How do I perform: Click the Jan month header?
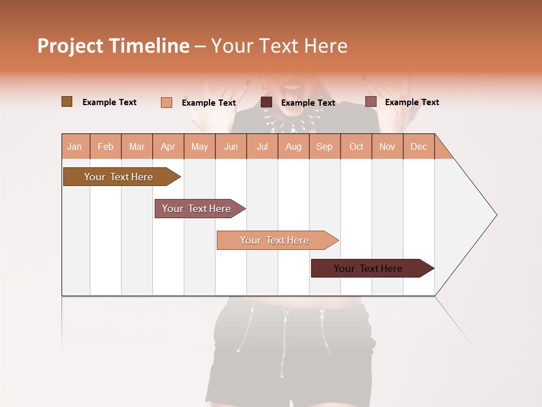click(75, 147)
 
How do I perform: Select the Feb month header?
click(106, 147)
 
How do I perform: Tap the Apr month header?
click(168, 147)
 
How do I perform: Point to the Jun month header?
click(231, 147)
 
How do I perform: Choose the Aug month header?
click(293, 147)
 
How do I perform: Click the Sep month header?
click(324, 147)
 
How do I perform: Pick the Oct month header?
click(356, 147)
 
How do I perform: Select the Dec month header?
click(418, 147)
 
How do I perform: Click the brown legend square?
click(67, 102)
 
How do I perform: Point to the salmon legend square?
click(166, 102)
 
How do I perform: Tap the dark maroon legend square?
click(266, 102)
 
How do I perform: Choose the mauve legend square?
click(370, 102)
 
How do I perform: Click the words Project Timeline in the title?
click(113, 46)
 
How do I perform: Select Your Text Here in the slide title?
click(279, 46)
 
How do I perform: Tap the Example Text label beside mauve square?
click(412, 102)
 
